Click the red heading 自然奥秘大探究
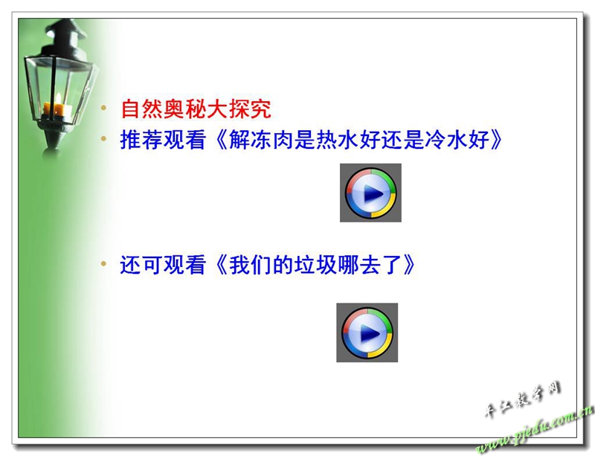196,109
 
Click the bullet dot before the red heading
103,108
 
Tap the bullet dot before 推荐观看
103,139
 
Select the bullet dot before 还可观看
103,263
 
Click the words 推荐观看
163,140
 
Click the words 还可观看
163,265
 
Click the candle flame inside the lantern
59,100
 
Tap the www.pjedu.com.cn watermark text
534,431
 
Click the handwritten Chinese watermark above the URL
523,399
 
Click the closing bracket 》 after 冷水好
496,140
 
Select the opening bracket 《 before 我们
222,265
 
